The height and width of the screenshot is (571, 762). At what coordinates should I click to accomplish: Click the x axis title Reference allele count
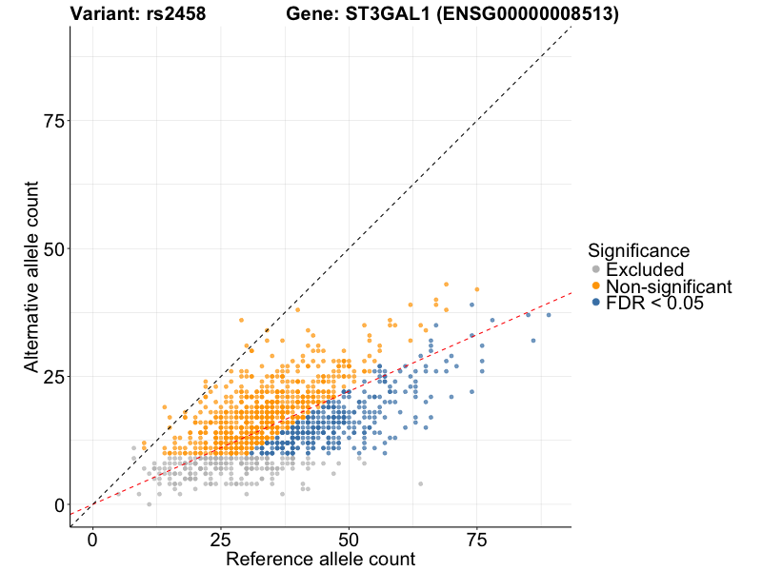coord(320,559)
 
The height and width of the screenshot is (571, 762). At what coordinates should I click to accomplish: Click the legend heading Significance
coord(638,251)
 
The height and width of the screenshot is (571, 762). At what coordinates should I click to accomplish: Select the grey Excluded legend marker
coord(596,269)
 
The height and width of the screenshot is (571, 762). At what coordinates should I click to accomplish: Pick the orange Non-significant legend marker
coord(596,285)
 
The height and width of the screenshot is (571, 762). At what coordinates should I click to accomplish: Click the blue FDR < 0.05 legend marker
coord(596,302)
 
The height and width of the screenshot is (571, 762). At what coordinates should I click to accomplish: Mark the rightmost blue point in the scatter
coord(549,315)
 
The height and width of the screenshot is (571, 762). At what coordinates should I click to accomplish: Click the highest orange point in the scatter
coord(446,285)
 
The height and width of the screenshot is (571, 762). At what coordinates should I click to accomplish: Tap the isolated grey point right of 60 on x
coord(420,483)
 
